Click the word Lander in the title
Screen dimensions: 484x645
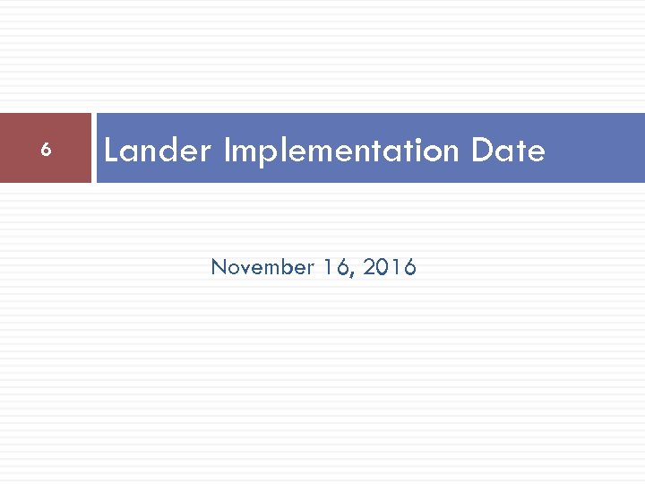tap(157, 151)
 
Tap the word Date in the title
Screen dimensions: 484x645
tap(508, 151)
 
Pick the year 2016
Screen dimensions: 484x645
tap(391, 267)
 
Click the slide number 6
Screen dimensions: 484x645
tap(46, 150)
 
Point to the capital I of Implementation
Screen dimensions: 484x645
tap(227, 151)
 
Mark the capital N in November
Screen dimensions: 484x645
tap(218, 267)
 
